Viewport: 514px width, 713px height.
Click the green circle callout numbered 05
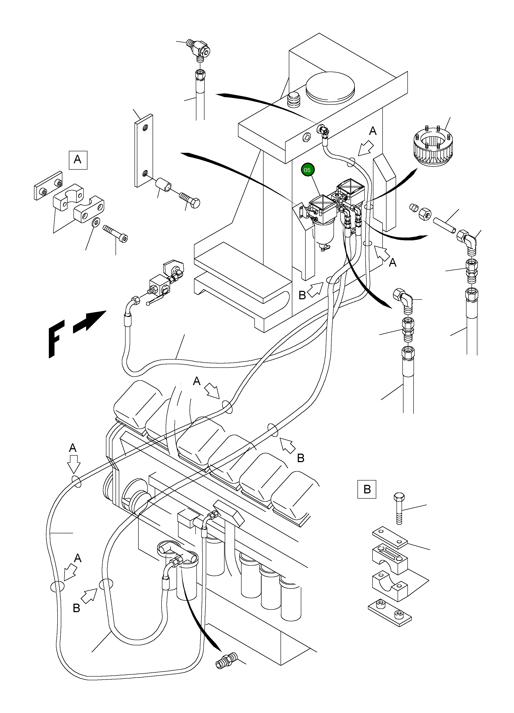click(307, 170)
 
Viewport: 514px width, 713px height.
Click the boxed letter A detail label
click(78, 160)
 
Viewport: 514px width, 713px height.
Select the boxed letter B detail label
click(367, 489)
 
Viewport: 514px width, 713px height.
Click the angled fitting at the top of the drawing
click(200, 49)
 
